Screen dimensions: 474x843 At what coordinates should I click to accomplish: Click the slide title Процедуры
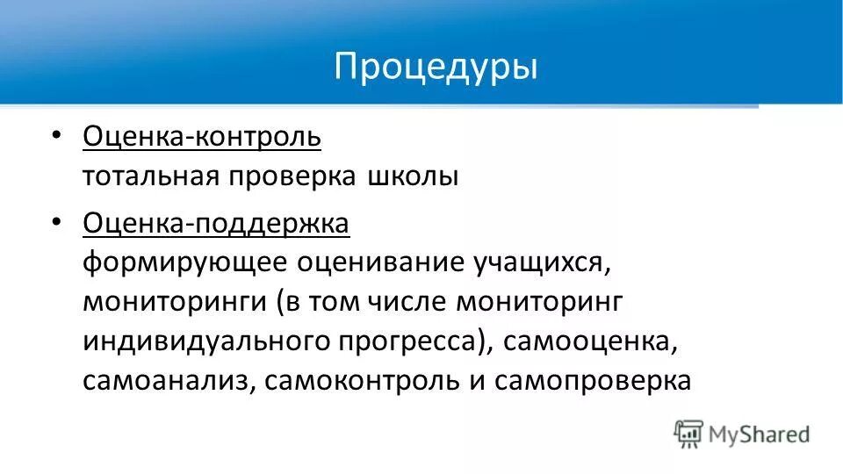click(x=436, y=68)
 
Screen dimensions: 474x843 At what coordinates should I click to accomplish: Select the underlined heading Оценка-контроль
click(x=202, y=137)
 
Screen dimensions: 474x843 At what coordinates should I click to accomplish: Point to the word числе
click(x=411, y=302)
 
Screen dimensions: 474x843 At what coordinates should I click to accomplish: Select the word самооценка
click(x=590, y=341)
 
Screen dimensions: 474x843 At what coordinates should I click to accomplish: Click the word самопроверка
click(x=593, y=381)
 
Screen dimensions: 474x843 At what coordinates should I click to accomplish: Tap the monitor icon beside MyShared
click(x=688, y=432)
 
